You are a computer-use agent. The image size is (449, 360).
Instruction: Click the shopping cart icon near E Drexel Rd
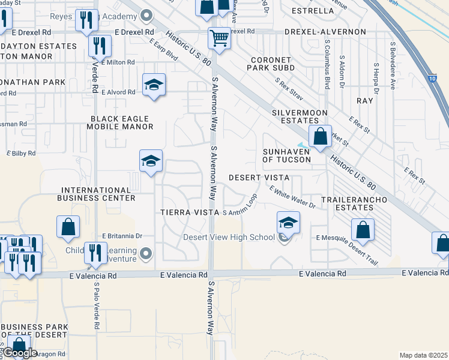220,38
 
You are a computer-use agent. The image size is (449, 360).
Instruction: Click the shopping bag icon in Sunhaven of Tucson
321,136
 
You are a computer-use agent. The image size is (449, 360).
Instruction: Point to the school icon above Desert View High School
289,223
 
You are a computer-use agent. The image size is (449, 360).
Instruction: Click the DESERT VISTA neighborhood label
259,178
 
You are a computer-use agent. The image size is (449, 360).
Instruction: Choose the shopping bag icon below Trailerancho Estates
363,229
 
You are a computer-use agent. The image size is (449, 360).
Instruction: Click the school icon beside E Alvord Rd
154,85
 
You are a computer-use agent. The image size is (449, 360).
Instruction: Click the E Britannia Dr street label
122,236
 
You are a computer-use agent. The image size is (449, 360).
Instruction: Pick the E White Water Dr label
292,197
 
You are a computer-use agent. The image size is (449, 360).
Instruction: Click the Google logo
20,353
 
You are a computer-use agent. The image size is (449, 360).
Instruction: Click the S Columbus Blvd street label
327,65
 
